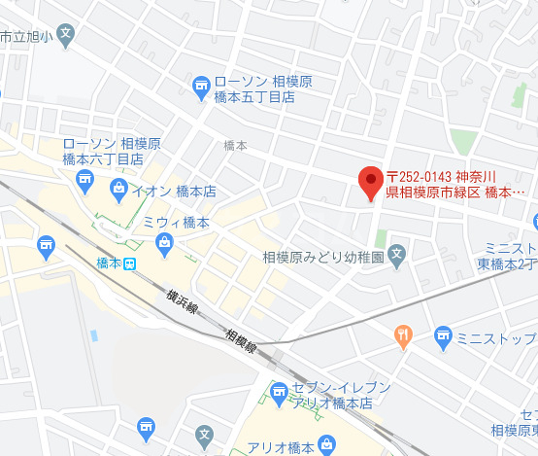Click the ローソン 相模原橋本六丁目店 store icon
pyautogui.click(x=84, y=179)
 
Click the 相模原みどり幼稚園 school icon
pyautogui.click(x=396, y=257)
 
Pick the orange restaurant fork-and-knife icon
pyautogui.click(x=404, y=337)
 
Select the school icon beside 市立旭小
pyautogui.click(x=64, y=35)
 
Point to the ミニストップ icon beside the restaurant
pyautogui.click(x=444, y=337)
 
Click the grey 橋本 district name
pyautogui.click(x=235, y=145)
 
